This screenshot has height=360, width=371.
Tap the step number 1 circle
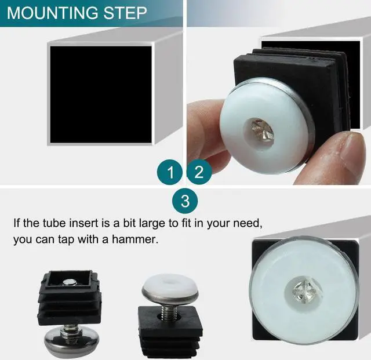point(171,172)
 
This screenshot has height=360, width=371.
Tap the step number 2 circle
point(199,172)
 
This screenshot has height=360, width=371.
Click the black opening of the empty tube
point(100,94)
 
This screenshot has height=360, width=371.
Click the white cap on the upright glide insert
point(169,288)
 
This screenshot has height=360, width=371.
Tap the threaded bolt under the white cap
point(170,314)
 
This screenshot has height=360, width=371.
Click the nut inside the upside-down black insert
point(70,283)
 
